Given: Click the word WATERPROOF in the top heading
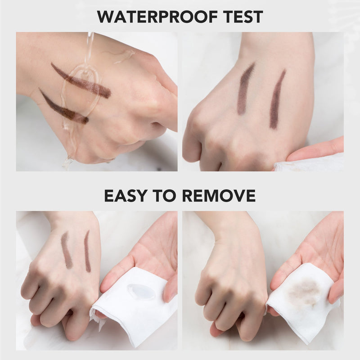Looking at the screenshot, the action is coord(157,17).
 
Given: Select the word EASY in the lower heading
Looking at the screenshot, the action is coord(125,196).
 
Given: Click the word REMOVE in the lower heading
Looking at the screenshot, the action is coord(219,196).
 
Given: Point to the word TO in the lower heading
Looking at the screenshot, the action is coord(164,196).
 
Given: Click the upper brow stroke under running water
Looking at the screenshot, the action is coord(81,81).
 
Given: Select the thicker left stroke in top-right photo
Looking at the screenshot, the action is coord(246,88).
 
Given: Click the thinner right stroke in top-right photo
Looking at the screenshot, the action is coord(277,99).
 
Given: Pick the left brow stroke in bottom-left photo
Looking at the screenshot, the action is coord(67,250).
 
